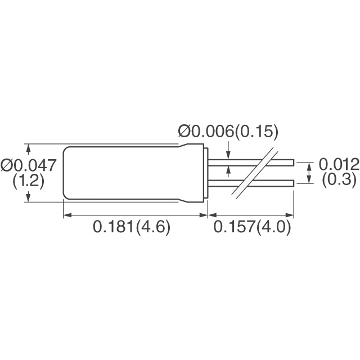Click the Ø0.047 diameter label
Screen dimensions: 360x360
tap(29, 165)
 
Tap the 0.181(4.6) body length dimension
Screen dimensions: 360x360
tap(131, 228)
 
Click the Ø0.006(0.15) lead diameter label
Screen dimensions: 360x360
tap(228, 132)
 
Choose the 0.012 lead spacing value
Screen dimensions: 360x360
tap(339, 165)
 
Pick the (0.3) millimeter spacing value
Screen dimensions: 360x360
tap(338, 180)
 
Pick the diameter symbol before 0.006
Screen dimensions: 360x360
tap(184, 132)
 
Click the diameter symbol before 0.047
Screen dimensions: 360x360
tap(7, 165)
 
